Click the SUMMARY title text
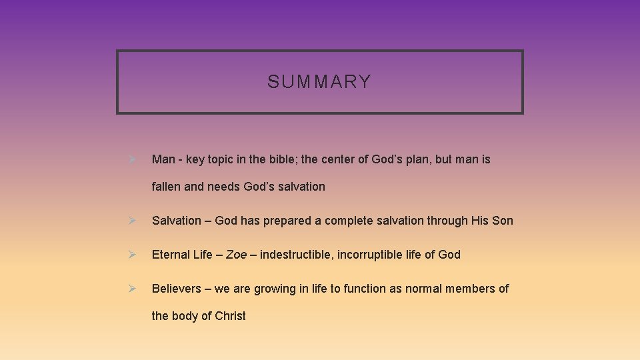[319, 82]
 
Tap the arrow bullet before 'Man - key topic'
[132, 159]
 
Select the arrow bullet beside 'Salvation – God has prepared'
[132, 220]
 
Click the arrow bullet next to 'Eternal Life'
[132, 254]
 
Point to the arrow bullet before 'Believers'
[132, 288]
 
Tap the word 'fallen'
[166, 187]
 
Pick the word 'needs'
[223, 187]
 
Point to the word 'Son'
[503, 220]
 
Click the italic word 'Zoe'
[236, 254]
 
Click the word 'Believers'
[176, 288]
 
